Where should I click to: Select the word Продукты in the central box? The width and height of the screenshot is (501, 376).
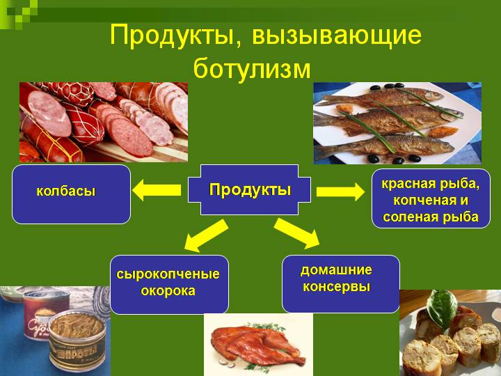click(250, 189)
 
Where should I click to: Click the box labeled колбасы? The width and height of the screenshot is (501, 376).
click(71, 194)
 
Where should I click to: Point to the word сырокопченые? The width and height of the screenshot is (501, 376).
click(168, 274)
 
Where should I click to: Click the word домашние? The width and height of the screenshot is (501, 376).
click(336, 269)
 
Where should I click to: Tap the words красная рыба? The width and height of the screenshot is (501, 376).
click(431, 184)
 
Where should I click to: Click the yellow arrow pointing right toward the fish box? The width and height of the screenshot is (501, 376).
click(340, 191)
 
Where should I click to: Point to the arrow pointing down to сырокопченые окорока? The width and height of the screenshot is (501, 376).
click(205, 235)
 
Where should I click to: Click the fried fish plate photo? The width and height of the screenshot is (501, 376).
click(396, 122)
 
